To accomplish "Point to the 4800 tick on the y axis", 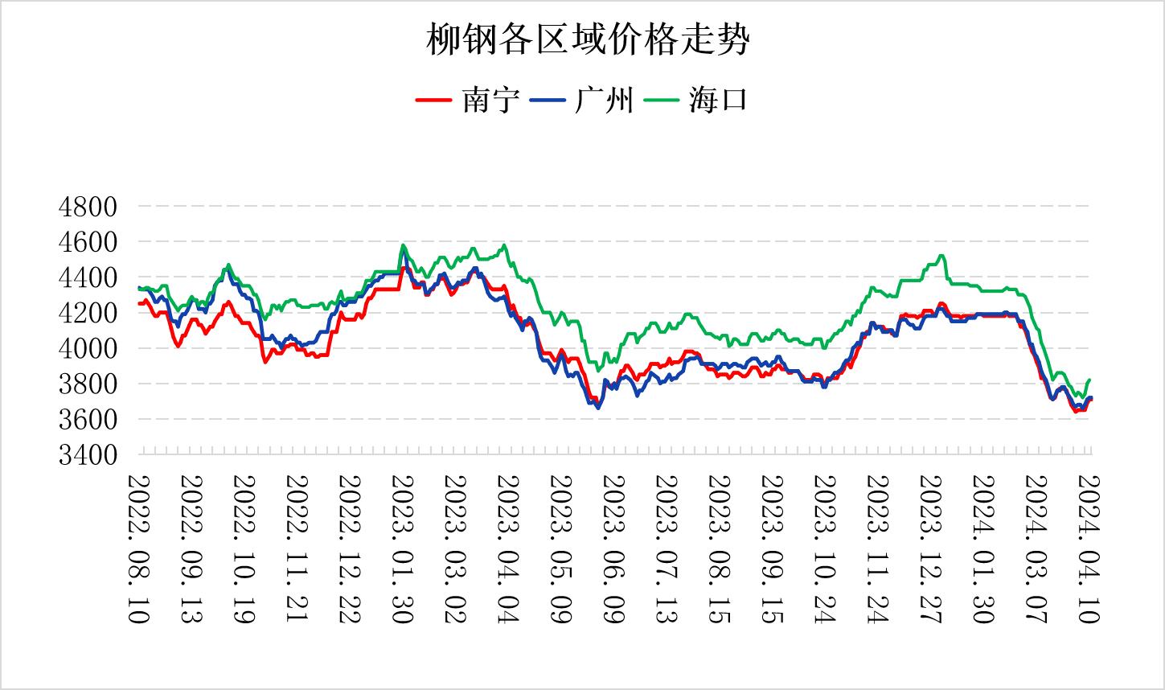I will click(x=88, y=207).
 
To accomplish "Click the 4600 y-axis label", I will click(x=88, y=242).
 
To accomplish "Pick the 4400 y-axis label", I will click(x=88, y=277).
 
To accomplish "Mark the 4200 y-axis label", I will click(x=88, y=313).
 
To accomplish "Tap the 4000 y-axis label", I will click(x=88, y=348).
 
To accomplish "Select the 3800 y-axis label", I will click(x=88, y=384).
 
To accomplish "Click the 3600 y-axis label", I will click(x=88, y=419).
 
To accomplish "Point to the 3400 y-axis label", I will click(x=88, y=454).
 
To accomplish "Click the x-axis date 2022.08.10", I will click(x=138, y=548).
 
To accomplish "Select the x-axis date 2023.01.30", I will click(x=402, y=548).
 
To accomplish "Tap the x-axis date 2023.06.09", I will click(x=613, y=548).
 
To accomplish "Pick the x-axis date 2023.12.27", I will click(x=930, y=548).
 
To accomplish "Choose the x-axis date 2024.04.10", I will click(x=1089, y=548).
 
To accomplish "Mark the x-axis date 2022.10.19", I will click(x=244, y=548).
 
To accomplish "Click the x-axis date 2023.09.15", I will click(x=772, y=548).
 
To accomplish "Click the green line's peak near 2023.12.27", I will click(x=941, y=256).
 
